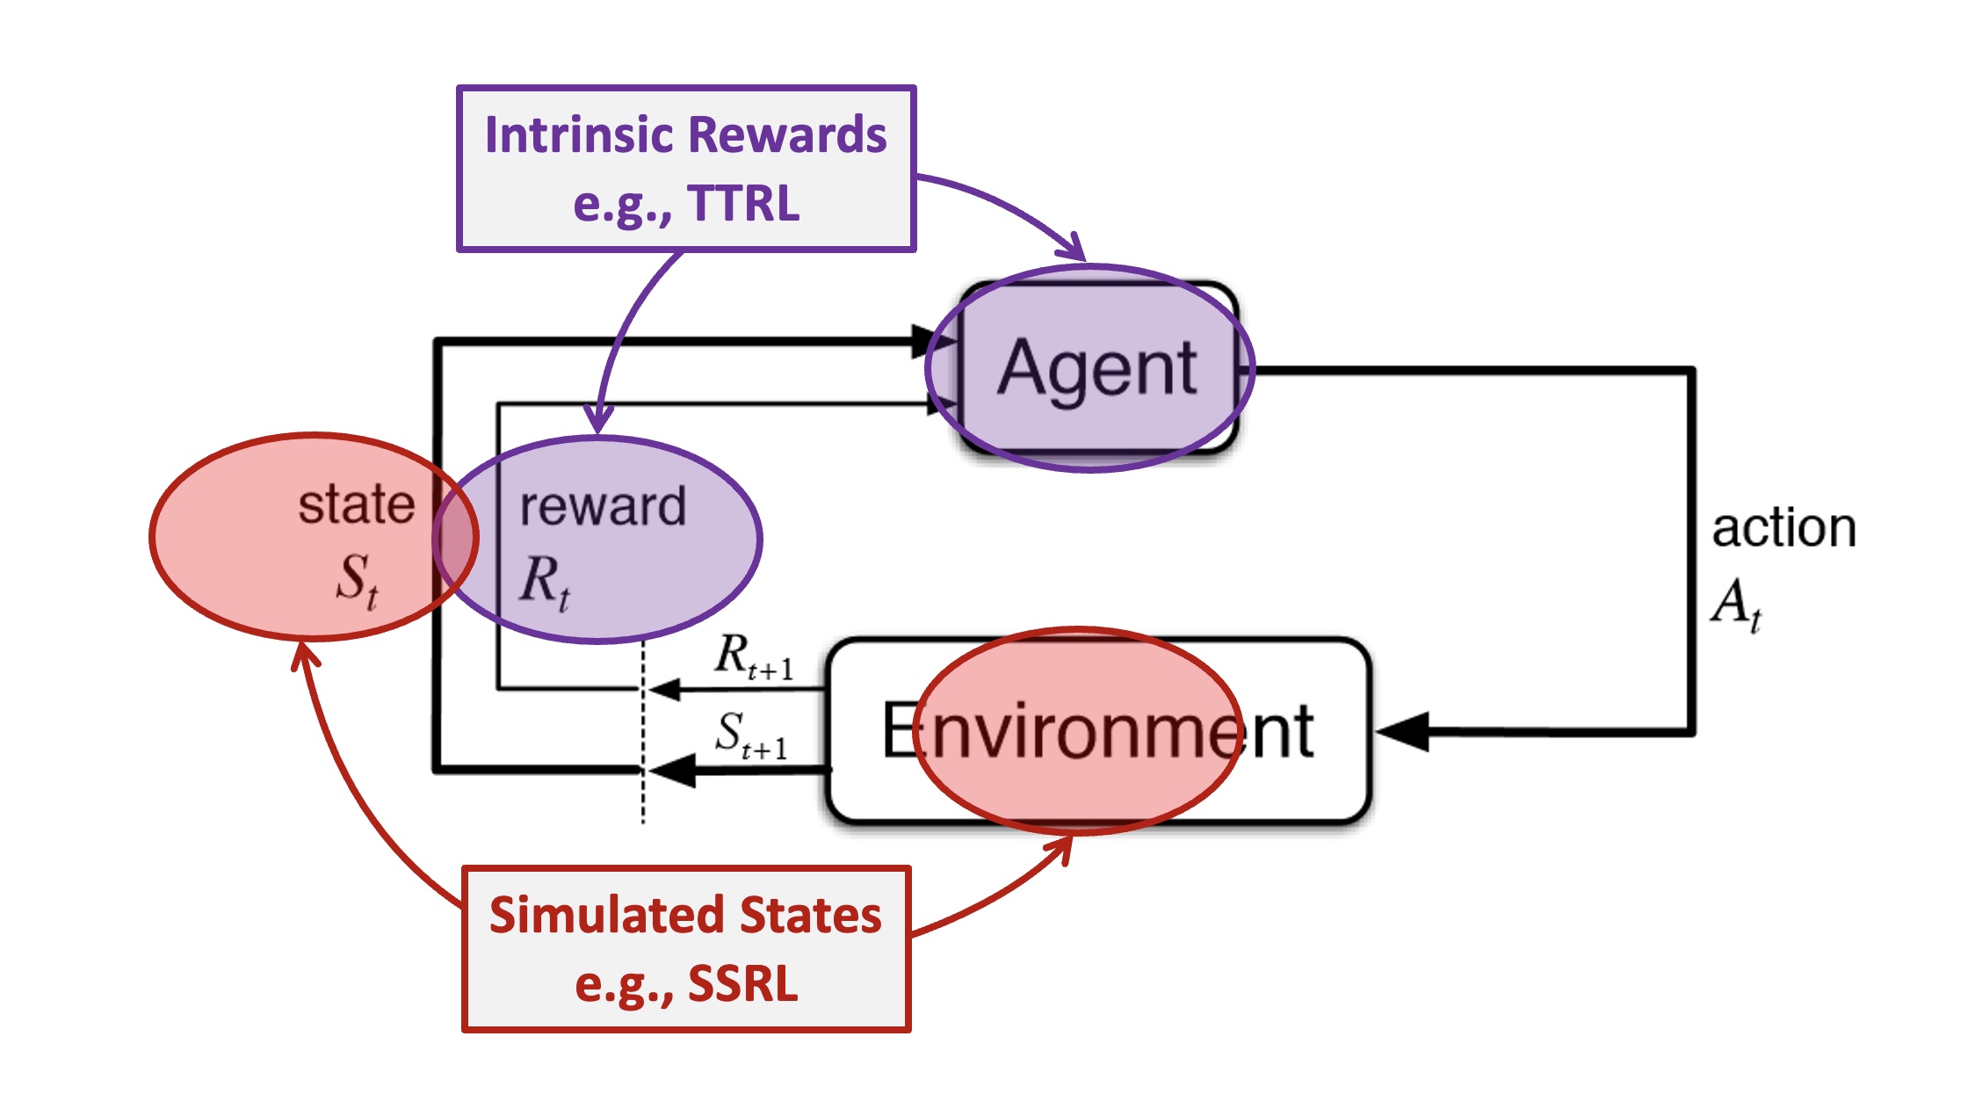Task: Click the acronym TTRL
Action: pos(743,204)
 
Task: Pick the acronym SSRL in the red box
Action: pos(742,983)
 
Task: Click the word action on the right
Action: pos(1783,528)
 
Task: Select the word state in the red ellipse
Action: pos(356,504)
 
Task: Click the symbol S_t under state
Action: pos(357,580)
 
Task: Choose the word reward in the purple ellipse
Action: pos(603,507)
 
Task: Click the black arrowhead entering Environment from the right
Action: pos(1401,731)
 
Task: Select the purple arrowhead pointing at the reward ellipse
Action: pos(598,418)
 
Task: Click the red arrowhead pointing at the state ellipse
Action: pos(304,655)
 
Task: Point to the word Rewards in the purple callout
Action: pos(786,135)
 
